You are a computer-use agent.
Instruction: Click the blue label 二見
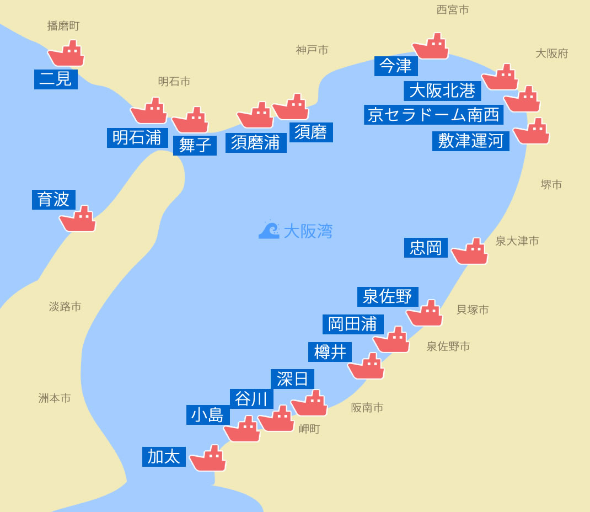(x=56, y=79)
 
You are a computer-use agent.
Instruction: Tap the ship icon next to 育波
(x=78, y=219)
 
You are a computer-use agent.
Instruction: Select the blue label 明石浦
(x=137, y=137)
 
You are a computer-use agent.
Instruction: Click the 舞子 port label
(x=195, y=145)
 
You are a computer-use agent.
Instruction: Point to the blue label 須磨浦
(x=256, y=142)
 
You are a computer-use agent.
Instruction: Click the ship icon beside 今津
(x=431, y=46)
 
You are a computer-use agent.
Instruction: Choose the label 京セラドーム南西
(x=434, y=115)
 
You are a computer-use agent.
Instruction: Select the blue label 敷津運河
(x=470, y=141)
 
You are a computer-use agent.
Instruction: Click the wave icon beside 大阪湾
(x=269, y=230)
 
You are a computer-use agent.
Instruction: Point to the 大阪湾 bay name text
(x=308, y=231)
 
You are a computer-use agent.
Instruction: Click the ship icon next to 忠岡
(x=470, y=252)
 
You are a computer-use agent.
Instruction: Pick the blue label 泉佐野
(x=388, y=296)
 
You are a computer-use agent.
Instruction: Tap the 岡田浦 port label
(x=353, y=324)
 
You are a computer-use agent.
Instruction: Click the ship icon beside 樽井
(x=366, y=366)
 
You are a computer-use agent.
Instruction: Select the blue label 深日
(x=292, y=379)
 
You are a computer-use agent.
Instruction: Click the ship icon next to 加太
(x=208, y=458)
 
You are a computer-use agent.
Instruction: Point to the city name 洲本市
(x=55, y=398)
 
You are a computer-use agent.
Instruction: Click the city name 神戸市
(x=312, y=50)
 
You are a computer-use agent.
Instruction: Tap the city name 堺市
(x=551, y=185)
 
